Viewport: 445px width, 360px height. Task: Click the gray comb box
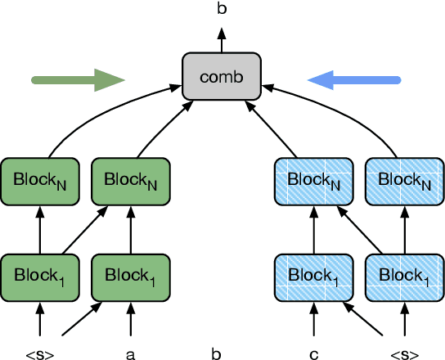pos(221,78)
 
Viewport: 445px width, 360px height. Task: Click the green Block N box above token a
pos(131,179)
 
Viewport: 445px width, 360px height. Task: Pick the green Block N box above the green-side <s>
pos(39,179)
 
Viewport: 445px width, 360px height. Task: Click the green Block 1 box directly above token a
pos(131,275)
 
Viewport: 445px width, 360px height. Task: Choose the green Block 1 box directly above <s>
pos(39,275)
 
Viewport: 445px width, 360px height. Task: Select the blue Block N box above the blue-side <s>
pos(402,179)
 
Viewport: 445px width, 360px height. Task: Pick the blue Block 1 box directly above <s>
pos(402,275)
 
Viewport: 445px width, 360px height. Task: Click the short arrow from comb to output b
pos(221,39)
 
